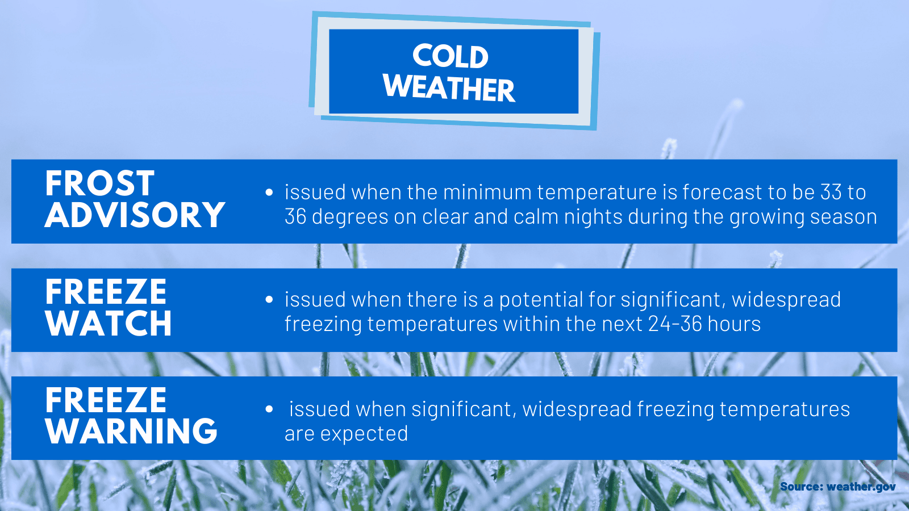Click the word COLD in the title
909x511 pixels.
click(x=450, y=57)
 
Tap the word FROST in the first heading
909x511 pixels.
click(x=99, y=183)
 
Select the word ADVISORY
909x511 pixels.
click(x=135, y=215)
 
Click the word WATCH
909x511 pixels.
click(x=108, y=324)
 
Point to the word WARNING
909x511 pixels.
click(x=131, y=432)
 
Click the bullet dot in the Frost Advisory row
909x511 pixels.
click(x=269, y=192)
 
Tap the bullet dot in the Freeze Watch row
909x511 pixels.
click(x=269, y=300)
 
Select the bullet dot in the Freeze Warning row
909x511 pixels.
click(x=269, y=409)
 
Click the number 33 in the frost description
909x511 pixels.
click(x=831, y=192)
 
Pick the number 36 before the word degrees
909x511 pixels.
click(x=295, y=217)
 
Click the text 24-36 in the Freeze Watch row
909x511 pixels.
click(x=675, y=324)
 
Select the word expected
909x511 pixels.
click(x=364, y=434)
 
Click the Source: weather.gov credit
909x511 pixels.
click(x=837, y=487)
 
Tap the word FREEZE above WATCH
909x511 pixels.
click(x=106, y=292)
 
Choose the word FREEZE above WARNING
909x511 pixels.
click(x=106, y=400)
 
